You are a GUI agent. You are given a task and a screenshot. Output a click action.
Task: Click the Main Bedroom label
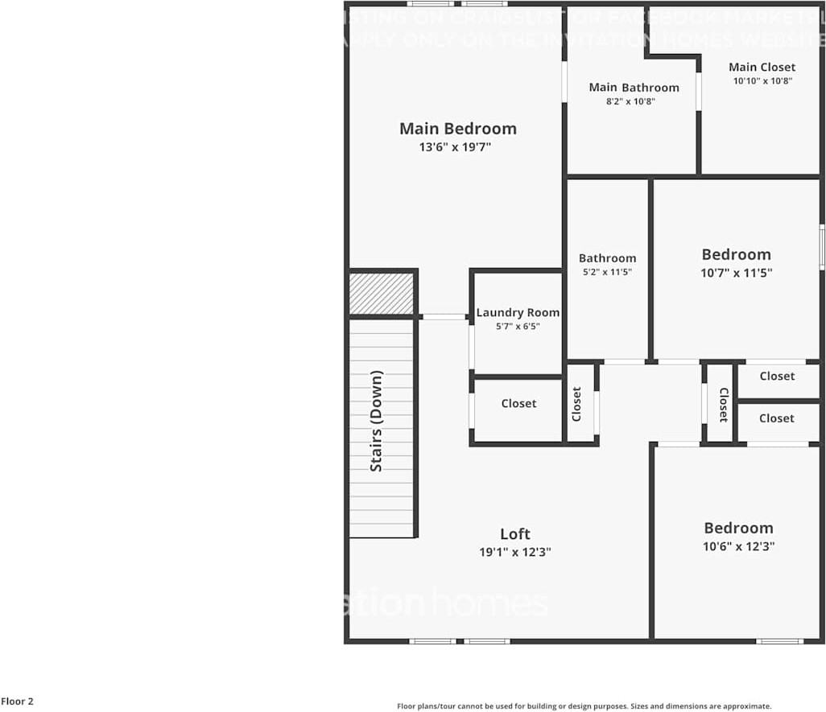[x=457, y=129]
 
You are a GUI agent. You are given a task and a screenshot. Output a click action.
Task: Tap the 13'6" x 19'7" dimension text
[x=455, y=147]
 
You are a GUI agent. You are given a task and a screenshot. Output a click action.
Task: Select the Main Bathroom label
[x=634, y=87]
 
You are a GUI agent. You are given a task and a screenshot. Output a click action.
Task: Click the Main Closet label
[x=762, y=67]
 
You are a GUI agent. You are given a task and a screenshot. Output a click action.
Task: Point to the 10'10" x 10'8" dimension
[x=762, y=80]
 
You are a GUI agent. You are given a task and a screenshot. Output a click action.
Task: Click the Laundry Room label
[x=518, y=312]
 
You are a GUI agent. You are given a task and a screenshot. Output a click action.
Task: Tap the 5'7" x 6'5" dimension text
[x=518, y=326]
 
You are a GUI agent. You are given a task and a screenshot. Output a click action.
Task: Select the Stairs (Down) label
[x=376, y=421]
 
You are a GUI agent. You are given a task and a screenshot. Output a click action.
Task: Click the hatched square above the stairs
[x=382, y=294]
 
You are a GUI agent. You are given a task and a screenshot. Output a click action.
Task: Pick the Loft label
[x=515, y=534]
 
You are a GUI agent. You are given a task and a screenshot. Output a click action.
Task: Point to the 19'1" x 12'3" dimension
[x=515, y=552]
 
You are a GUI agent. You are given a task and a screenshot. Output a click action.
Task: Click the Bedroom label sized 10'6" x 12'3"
[x=738, y=528]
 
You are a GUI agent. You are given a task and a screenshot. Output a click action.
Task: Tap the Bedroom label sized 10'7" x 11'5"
[x=736, y=254]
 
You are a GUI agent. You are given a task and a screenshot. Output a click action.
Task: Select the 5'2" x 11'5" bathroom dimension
[x=607, y=272]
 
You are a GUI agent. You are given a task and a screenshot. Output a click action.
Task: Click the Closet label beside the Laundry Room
[x=518, y=403]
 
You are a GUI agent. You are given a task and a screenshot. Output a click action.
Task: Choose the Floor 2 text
[x=17, y=702]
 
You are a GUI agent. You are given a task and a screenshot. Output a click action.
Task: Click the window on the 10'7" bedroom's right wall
[x=822, y=246]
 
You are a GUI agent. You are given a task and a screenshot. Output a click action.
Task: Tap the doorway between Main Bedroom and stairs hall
[x=444, y=317]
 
